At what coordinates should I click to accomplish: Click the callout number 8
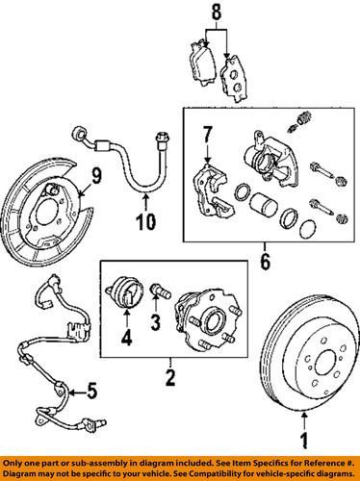point(215,14)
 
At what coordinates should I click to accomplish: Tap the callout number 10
point(144,225)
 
